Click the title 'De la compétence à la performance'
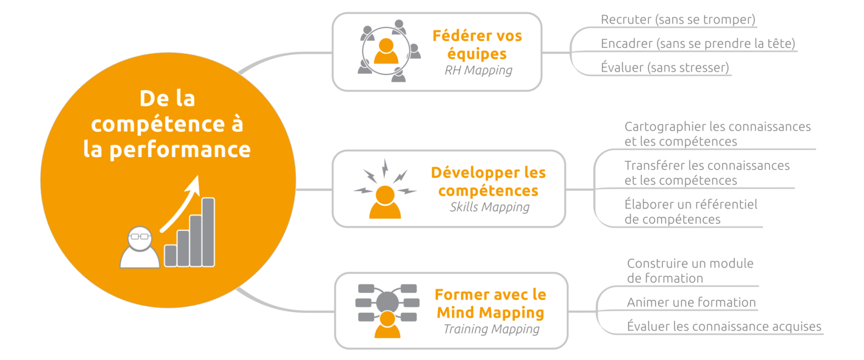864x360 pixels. point(167,124)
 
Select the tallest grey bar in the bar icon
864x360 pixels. point(208,232)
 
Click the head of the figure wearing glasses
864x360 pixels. point(139,238)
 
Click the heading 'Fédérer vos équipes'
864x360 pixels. point(477,45)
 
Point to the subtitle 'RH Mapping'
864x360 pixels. point(478,71)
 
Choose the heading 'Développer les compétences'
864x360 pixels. point(488,181)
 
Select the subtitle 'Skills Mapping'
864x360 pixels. point(490,207)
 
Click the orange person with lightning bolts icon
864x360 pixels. point(385,189)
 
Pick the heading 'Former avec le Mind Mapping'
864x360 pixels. point(490,303)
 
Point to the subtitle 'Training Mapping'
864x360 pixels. point(491,329)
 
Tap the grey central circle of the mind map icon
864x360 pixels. point(387,301)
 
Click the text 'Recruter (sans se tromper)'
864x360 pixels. point(678,20)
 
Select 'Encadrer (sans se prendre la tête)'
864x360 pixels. point(698,44)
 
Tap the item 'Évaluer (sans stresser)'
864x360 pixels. point(665,67)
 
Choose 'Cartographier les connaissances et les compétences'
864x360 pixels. point(718,134)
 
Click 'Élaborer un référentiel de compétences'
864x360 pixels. point(691,211)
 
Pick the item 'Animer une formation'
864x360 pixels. point(691,302)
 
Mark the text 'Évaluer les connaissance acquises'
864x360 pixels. point(724,326)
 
